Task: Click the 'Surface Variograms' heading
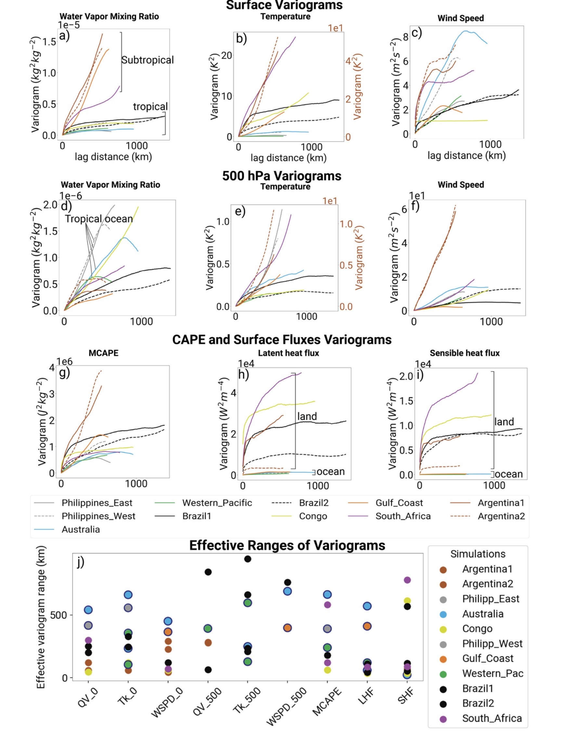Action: click(284, 6)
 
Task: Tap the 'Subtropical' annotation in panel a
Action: click(147, 60)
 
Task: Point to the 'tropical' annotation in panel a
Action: click(150, 107)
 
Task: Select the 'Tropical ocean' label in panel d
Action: click(99, 219)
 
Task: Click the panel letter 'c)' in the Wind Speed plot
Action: click(416, 32)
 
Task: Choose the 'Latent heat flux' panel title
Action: click(288, 353)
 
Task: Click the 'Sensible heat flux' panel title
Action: click(464, 353)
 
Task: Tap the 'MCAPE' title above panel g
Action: click(103, 353)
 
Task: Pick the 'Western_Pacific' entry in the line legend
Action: click(217, 503)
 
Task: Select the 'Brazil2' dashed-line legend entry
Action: click(314, 503)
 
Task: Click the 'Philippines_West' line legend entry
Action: click(98, 516)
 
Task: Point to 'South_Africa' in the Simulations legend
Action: click(492, 718)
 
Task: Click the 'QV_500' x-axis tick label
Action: click(207, 701)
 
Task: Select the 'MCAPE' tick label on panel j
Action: click(326, 701)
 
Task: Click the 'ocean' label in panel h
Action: click(331, 472)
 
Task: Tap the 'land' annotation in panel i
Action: click(504, 422)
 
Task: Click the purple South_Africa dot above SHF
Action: click(407, 580)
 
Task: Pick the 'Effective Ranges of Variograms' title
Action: click(287, 546)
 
